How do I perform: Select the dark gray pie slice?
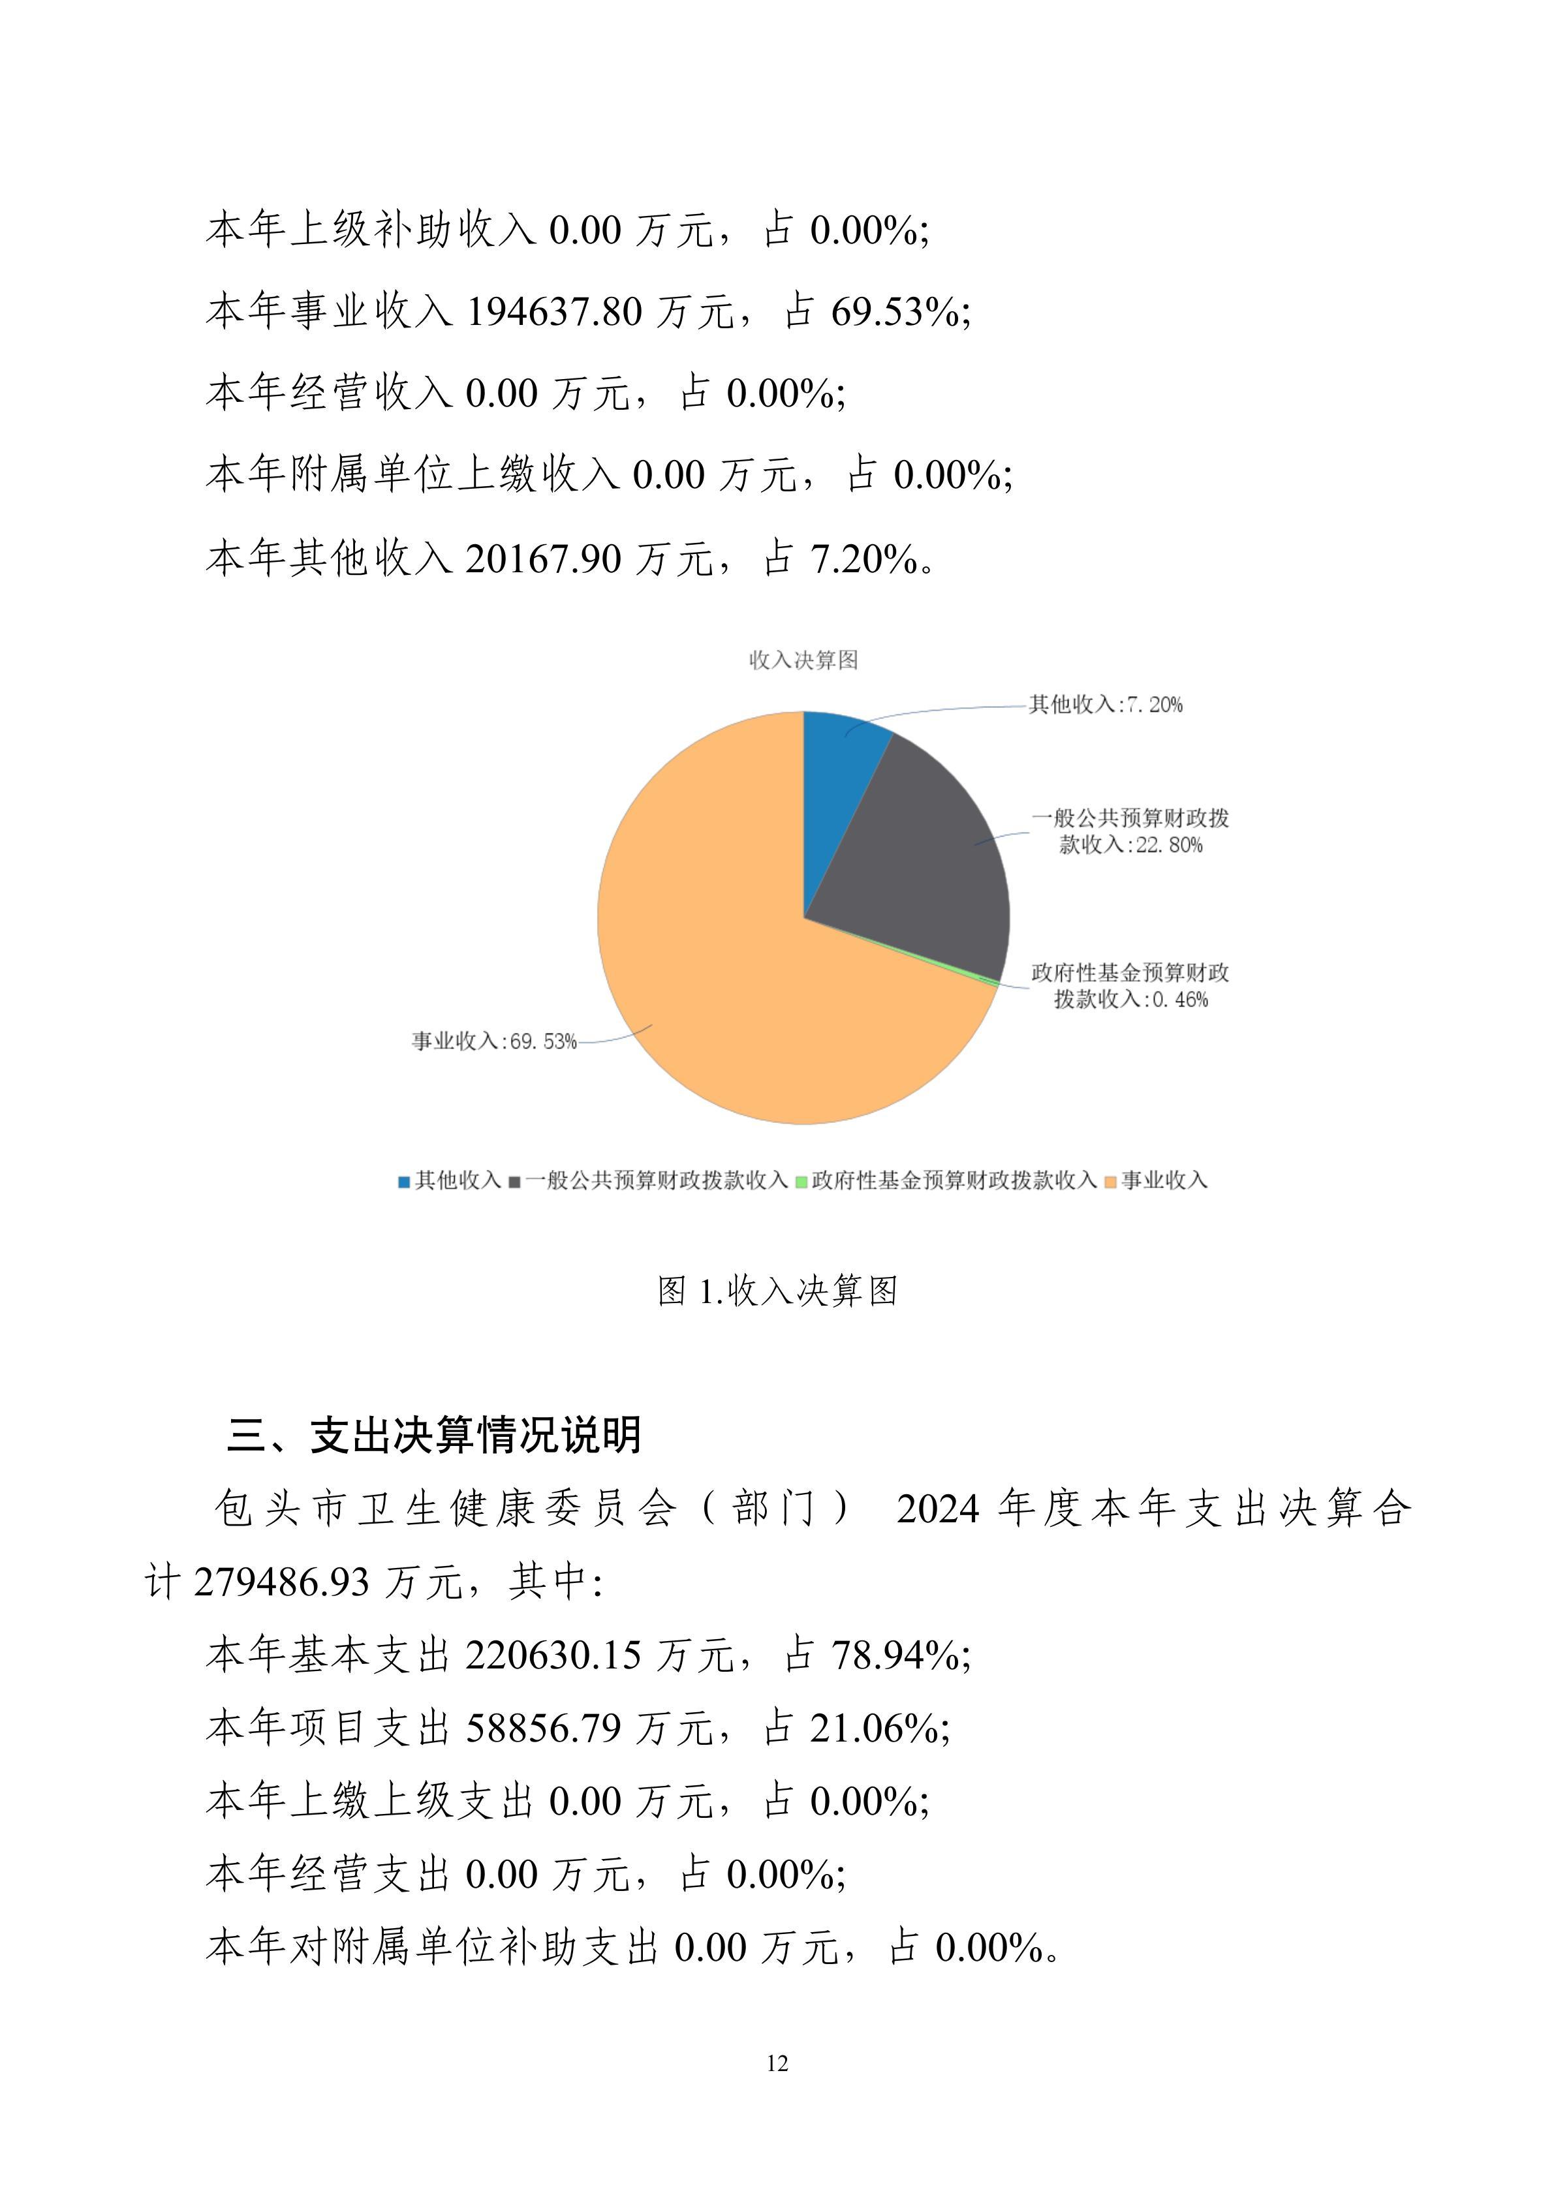[924, 861]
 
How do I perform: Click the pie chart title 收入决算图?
[803, 660]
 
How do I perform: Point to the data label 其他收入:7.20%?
[1105, 705]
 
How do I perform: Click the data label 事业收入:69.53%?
[494, 1041]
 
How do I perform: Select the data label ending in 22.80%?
[1130, 831]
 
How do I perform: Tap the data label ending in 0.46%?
[1130, 987]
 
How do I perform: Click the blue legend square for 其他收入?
[405, 1182]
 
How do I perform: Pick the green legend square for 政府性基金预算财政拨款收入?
[802, 1182]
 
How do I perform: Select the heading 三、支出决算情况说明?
[435, 1436]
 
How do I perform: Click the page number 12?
[777, 2063]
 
